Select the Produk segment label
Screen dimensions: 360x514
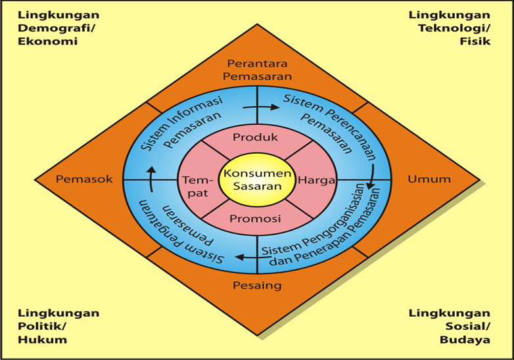coord(256,137)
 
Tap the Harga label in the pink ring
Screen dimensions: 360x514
coord(317,179)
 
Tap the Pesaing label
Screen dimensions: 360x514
coord(257,285)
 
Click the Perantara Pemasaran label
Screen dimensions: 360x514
coord(257,70)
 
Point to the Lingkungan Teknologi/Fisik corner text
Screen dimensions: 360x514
coord(449,28)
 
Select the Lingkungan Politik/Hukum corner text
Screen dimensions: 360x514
coord(58,326)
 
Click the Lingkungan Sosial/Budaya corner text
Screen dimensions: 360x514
coord(449,326)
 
